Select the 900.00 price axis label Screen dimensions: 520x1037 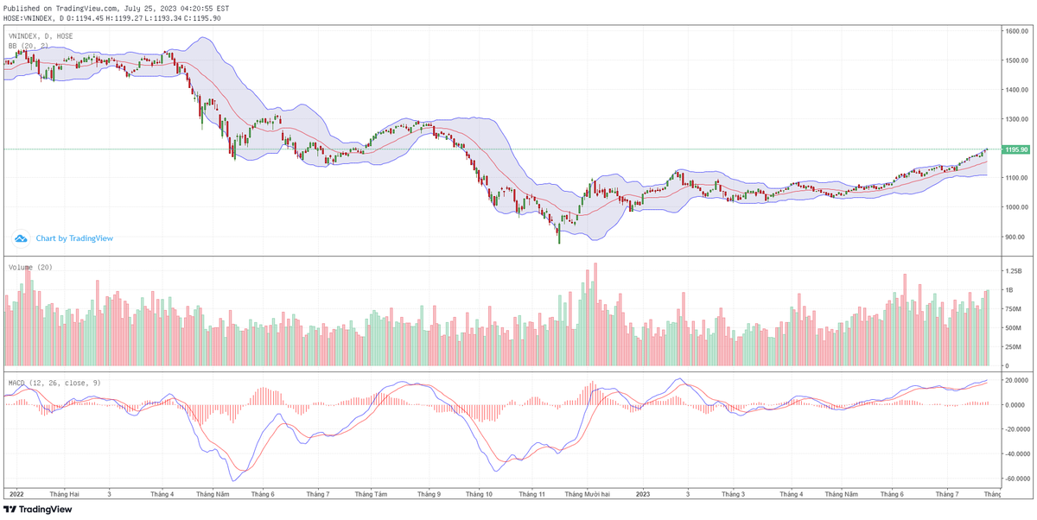(1014, 237)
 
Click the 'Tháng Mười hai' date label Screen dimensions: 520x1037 (587, 494)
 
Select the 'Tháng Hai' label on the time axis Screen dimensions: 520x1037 (65, 494)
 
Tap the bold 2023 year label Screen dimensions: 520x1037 (642, 494)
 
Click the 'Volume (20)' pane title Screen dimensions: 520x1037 (31, 268)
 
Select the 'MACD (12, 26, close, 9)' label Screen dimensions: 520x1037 (54, 382)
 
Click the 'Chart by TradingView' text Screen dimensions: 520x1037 (74, 238)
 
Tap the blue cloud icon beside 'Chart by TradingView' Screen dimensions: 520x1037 (21, 238)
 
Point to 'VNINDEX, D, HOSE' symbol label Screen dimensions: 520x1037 (41, 36)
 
